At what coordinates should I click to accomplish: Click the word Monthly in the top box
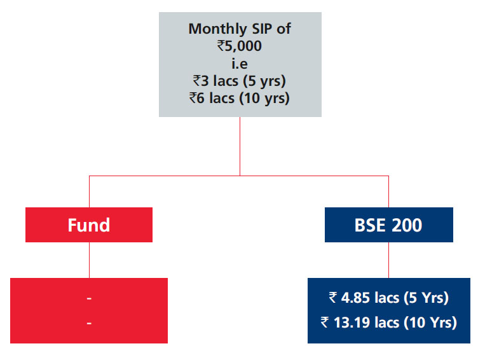click(217, 30)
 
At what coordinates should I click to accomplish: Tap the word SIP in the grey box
click(261, 29)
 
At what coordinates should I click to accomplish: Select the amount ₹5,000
click(240, 46)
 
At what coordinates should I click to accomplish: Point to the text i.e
click(240, 64)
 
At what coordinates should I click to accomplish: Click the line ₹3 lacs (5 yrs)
click(240, 81)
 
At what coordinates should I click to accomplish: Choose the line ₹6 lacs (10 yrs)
click(240, 99)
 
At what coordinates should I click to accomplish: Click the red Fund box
click(89, 225)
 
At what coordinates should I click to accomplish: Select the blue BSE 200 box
click(389, 225)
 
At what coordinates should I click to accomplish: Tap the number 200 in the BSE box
click(407, 225)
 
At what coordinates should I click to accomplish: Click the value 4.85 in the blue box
click(355, 298)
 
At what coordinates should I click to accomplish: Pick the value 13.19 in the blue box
click(352, 322)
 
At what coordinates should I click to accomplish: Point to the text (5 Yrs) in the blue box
click(426, 298)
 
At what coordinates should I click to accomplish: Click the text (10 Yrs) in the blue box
click(430, 323)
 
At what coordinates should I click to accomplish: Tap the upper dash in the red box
click(89, 298)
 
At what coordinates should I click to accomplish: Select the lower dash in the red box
click(89, 322)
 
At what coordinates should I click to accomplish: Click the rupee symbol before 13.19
click(325, 322)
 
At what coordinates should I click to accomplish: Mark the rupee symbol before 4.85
click(333, 298)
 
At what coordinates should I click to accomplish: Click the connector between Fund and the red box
click(90, 260)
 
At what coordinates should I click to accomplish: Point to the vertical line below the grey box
click(240, 146)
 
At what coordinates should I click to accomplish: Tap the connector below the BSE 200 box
click(388, 260)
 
